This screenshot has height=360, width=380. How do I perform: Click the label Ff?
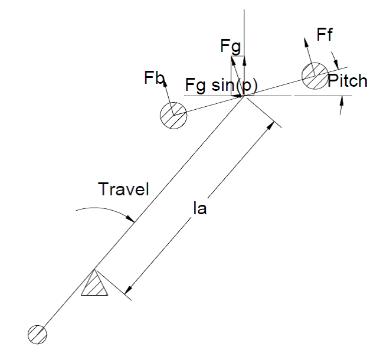(325, 34)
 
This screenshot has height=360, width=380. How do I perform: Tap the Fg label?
(231, 47)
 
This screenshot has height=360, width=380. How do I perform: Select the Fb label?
(155, 77)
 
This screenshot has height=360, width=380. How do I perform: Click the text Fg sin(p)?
(221, 86)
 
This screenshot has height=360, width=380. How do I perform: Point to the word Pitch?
(348, 80)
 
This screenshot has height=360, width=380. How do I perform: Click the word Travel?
(123, 189)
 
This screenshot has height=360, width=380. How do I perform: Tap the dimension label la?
(199, 208)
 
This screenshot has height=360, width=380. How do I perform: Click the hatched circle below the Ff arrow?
(315, 76)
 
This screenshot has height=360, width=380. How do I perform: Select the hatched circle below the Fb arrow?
(173, 116)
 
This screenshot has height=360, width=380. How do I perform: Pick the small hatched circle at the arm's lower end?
(37, 335)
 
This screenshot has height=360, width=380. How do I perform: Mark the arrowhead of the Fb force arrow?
(165, 82)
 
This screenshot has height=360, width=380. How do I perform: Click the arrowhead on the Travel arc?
(131, 219)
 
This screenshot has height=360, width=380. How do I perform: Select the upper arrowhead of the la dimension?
(270, 126)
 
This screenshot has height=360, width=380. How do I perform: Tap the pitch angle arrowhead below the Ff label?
(336, 64)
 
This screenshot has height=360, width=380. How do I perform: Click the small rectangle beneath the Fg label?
(237, 76)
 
